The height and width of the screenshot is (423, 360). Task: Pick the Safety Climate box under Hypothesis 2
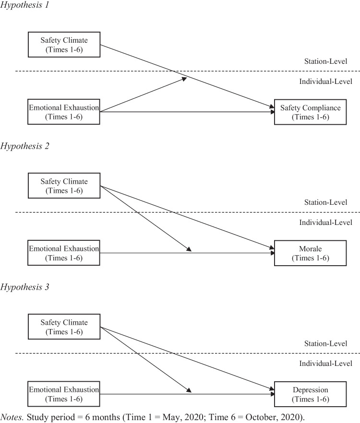click(x=64, y=185)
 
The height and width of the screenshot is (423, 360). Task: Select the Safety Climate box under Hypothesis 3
click(x=64, y=326)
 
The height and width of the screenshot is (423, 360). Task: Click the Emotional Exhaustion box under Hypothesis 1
click(x=64, y=112)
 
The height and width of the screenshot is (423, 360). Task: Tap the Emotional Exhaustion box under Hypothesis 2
click(x=64, y=253)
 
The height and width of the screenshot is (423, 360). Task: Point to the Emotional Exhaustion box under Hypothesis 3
click(x=64, y=394)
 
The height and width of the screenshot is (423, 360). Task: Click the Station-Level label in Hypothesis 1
click(x=325, y=61)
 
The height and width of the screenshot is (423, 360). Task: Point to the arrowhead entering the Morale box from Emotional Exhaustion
click(x=271, y=253)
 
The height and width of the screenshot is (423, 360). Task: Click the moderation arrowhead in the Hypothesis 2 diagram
click(x=189, y=249)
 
